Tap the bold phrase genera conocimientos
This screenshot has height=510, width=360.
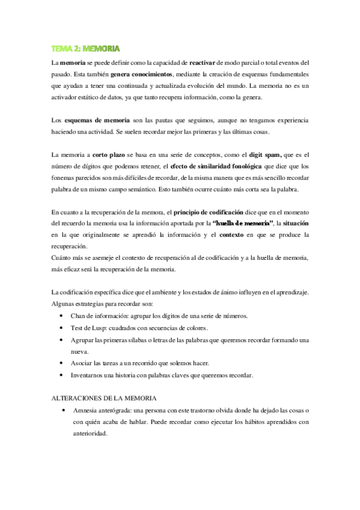tap(142, 74)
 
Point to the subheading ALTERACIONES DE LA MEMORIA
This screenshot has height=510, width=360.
tap(104, 398)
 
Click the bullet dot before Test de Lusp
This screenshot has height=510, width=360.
tap(64, 328)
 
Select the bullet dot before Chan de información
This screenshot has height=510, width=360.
tap(64, 316)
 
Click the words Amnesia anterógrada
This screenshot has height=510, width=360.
tap(101, 410)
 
